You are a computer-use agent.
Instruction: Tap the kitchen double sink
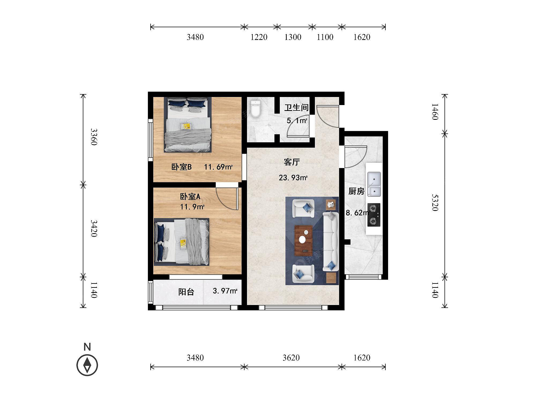pos(374,184)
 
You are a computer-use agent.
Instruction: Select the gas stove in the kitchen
pos(374,215)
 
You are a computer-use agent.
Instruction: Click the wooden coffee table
pos(303,240)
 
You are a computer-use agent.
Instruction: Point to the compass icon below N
pos(87,365)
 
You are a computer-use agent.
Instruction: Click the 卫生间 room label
pos(296,108)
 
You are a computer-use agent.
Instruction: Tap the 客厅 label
pos(292,162)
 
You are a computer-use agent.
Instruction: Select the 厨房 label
pos(356,191)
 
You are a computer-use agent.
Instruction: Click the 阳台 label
pos(186,292)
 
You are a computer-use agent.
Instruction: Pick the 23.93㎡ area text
pos(293,178)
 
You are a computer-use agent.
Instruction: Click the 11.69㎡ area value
pos(218,167)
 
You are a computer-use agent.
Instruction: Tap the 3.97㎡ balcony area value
pos(225,291)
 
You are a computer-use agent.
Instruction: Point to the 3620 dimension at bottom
pos(291,358)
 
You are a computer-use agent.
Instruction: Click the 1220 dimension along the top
pos(259,37)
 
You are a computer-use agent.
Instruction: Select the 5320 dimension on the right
pos(435,203)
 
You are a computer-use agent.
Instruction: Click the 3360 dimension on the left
pos(94,137)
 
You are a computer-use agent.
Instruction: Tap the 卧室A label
pos(190,197)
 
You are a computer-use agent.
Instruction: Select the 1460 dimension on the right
pos(435,112)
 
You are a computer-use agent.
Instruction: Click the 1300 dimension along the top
pos(293,37)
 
